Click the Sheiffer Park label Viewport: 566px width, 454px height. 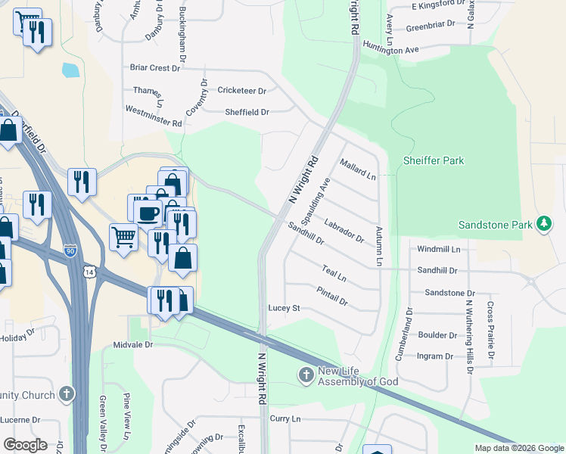coord(433,160)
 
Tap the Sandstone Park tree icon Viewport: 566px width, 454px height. coord(543,223)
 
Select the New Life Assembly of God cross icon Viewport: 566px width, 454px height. coord(306,375)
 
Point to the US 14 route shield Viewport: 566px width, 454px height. coord(91,270)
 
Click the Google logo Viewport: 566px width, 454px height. coord(25,444)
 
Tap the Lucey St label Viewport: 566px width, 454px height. coord(285,308)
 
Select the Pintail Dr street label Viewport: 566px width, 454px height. coord(332,296)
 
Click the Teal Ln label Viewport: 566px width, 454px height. coord(334,273)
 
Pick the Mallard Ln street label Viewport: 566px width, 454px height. coord(358,169)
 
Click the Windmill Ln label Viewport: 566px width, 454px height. coord(439,248)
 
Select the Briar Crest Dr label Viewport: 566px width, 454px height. coord(155,67)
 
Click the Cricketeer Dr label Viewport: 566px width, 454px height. coord(242,90)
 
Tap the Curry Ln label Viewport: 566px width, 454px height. coord(285,418)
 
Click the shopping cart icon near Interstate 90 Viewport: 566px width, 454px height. coord(123,236)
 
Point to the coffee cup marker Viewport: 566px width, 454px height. coord(148,211)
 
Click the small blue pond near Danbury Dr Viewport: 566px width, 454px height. coord(70,70)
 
